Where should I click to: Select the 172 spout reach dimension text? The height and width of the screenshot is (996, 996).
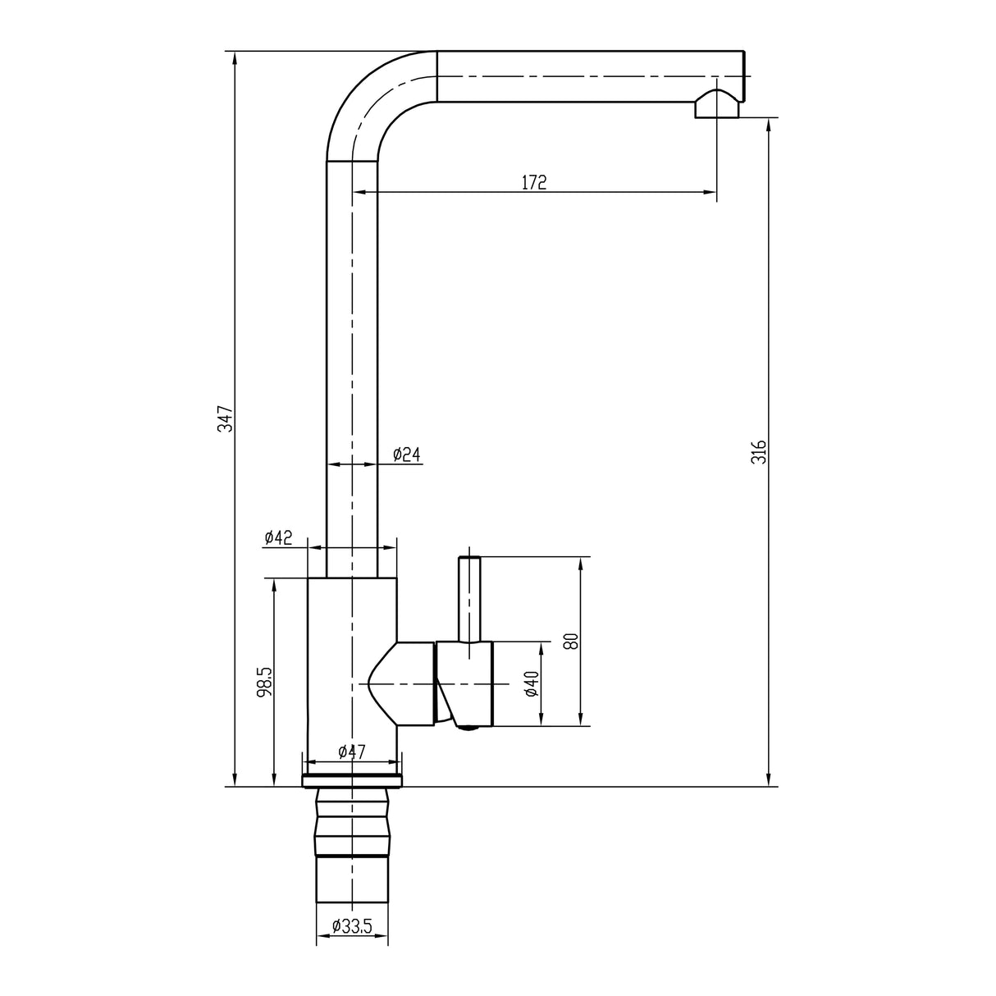pos(533,183)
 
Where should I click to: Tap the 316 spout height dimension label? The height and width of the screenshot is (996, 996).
pos(759,451)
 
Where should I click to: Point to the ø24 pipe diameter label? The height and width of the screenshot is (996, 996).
pos(406,454)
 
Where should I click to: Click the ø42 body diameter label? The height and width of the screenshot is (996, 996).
pos(278,537)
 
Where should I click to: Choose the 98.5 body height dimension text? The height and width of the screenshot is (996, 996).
pos(263,681)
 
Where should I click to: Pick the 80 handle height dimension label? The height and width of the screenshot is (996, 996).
pos(572,641)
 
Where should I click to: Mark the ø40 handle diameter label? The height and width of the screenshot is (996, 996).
pos(531,683)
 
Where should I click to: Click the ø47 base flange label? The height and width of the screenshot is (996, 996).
pos(351,752)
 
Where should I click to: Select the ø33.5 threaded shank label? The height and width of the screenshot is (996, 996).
pos(352,926)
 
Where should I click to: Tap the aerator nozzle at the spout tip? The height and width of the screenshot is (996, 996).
pos(717,105)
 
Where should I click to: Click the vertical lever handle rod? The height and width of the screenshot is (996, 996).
pos(468,598)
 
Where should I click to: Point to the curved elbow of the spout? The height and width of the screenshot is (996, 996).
pos(369,98)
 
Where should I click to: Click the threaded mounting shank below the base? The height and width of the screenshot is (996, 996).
pos(352,853)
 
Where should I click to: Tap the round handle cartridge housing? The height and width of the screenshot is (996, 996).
pos(465,683)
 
